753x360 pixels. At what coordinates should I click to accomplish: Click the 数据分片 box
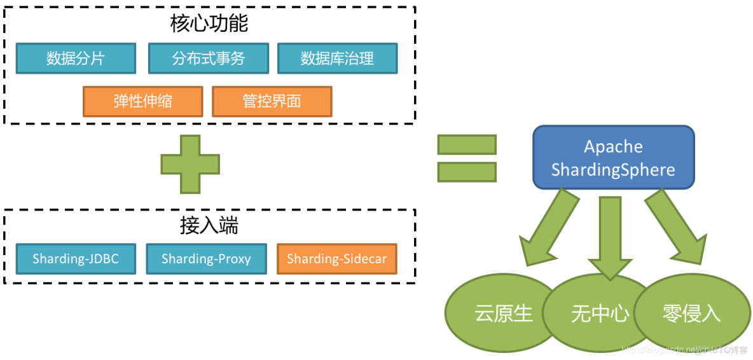[x=76, y=59]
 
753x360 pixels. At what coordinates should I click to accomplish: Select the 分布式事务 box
[x=208, y=59]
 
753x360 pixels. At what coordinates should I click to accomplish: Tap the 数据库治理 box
[x=337, y=59]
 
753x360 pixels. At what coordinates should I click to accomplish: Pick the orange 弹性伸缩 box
[x=142, y=101]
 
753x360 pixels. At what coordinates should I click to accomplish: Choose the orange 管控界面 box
[x=272, y=101]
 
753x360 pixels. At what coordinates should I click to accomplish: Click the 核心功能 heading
[x=209, y=24]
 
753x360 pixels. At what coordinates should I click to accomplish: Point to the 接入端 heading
[x=209, y=226]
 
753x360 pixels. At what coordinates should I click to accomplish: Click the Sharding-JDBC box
[x=76, y=259]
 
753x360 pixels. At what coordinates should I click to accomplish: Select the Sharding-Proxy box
[x=206, y=259]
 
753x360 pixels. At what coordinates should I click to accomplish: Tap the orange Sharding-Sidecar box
[x=336, y=259]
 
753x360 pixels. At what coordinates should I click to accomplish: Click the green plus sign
[x=190, y=164]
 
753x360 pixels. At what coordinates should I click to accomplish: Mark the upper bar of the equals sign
[x=466, y=145]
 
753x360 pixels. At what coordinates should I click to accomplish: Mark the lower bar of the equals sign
[x=466, y=172]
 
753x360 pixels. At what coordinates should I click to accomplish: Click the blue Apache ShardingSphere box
[x=613, y=157]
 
